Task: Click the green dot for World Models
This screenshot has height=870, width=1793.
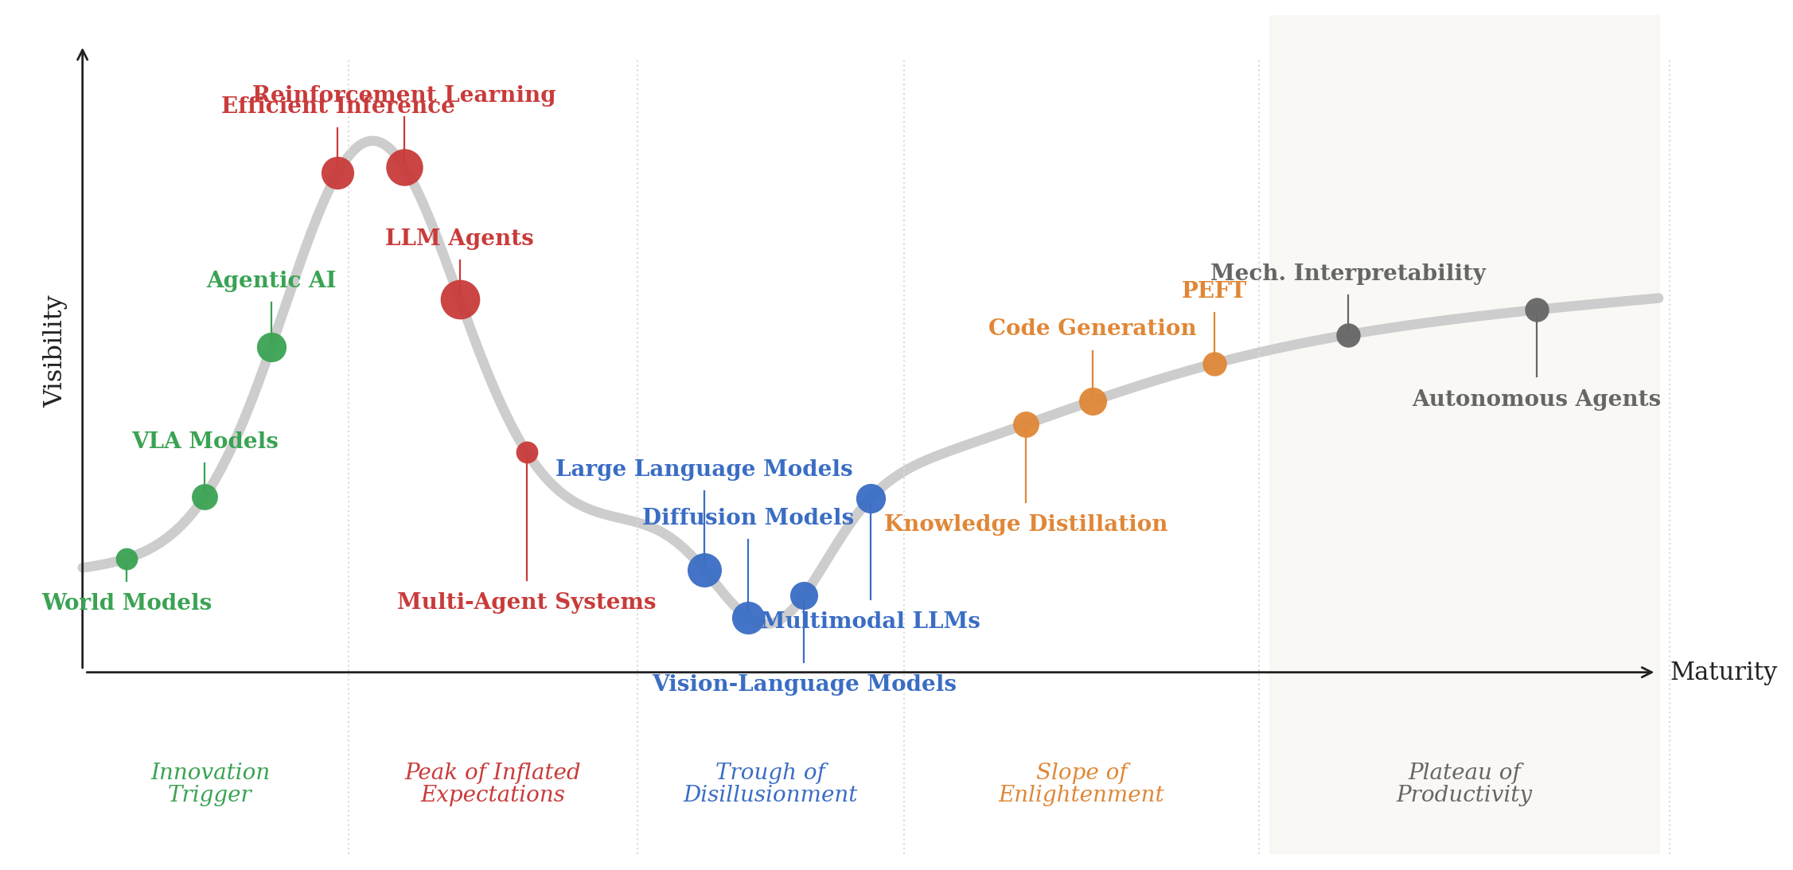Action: pos(127,559)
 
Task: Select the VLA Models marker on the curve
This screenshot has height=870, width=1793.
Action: pos(205,497)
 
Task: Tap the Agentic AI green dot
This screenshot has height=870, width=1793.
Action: pos(271,347)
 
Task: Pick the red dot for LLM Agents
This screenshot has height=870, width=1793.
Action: pos(460,299)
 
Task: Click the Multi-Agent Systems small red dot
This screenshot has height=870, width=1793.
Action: pos(527,452)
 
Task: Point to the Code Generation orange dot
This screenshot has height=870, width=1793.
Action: pos(1093,401)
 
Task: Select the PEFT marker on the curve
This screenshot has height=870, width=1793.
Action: pos(1214,364)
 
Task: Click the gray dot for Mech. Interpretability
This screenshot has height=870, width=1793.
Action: pos(1348,335)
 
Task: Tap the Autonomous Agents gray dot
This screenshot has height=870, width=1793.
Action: pos(1537,310)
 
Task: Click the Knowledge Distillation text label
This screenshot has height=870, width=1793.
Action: pos(1025,524)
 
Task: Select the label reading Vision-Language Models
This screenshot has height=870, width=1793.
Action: pos(804,684)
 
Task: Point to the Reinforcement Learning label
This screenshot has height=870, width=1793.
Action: pos(403,95)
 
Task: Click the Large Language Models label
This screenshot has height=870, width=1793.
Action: pos(704,469)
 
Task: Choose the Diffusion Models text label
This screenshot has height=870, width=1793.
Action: pos(747,517)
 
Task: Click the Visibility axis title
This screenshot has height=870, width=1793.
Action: pos(53,351)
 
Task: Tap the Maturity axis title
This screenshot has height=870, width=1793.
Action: pos(1723,672)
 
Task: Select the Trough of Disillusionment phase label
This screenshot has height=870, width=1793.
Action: pos(770,783)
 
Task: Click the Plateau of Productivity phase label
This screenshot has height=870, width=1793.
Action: pos(1464,783)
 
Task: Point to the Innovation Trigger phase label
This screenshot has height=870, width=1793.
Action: pos(210,783)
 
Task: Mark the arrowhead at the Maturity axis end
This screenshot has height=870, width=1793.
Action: pos(1647,673)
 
